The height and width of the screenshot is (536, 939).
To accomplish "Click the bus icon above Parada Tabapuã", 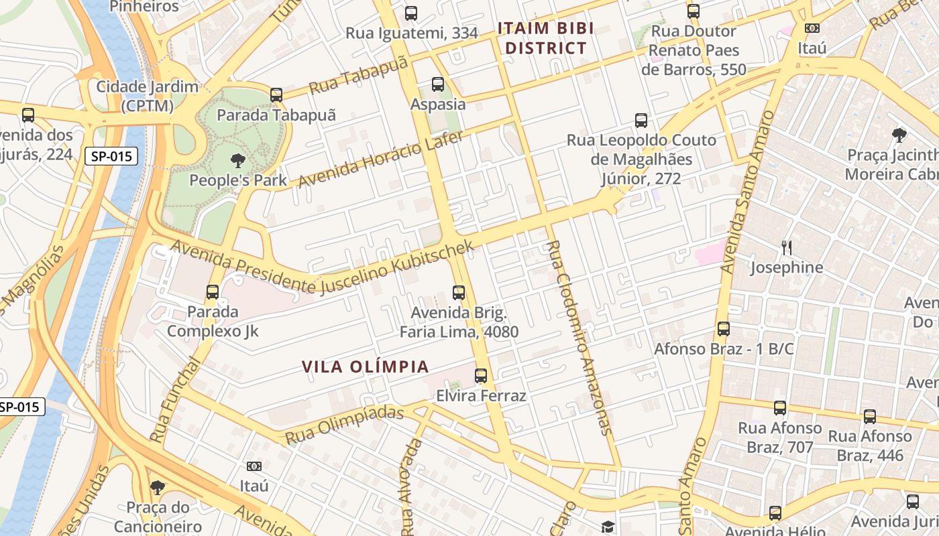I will coord(276,95).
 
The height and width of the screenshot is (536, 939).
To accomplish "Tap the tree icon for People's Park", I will coord(237,161).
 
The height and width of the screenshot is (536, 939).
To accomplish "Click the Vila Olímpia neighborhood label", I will coord(365,366).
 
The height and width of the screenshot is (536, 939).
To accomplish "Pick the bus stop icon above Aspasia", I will coord(438,84).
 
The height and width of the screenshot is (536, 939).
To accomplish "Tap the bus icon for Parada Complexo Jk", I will coord(213,292).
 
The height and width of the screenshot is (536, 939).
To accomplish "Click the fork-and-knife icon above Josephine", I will coord(787,248).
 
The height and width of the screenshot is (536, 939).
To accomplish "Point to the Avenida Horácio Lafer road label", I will coord(380,159).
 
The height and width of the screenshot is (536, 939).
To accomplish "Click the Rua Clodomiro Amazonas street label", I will coord(579,338).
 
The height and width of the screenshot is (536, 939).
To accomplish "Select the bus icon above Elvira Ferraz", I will coord(481,376).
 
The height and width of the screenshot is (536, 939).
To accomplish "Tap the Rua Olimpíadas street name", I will coord(345,425).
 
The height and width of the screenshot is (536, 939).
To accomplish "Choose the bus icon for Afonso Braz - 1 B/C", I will coord(724,329).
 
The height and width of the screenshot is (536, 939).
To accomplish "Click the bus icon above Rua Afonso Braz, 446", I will coord(870,417).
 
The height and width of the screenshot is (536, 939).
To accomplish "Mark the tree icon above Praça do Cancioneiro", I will coord(158,487).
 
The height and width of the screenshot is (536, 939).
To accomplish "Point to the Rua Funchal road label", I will coord(176,399).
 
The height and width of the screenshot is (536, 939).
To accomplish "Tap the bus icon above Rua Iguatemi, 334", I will coord(411,13).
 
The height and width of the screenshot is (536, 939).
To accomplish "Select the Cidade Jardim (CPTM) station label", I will coord(148,96).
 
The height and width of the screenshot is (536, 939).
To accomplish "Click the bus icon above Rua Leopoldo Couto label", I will coord(641,121).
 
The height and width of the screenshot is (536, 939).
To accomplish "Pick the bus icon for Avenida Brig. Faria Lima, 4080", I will coord(459,293).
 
